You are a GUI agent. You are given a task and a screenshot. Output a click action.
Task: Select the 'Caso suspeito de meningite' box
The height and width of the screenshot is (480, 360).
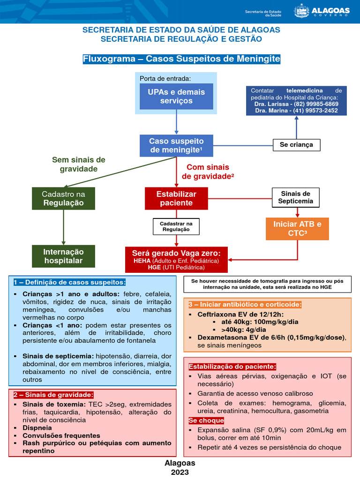176,146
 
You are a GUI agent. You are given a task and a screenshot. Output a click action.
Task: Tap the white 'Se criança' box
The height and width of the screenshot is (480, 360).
296,145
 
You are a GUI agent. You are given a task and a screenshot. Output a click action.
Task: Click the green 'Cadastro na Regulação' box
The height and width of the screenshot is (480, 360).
63,198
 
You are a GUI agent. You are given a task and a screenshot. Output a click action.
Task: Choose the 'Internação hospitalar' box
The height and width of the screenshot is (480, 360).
63,256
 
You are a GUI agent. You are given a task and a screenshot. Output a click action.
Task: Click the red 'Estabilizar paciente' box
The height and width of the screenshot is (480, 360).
176,198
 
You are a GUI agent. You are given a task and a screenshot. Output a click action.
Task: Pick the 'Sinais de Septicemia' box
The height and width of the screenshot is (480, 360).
296,198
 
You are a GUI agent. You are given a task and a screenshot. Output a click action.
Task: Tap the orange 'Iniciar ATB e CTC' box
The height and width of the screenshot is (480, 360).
297,229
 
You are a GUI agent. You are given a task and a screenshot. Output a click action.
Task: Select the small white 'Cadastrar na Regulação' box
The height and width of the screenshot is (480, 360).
176,226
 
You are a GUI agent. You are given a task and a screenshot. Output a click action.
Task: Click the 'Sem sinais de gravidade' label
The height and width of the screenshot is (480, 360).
78,165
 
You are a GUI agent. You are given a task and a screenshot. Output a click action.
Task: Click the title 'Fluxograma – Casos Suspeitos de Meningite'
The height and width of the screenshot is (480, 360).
181,59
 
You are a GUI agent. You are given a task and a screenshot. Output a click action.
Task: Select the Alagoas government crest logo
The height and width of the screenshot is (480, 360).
301,11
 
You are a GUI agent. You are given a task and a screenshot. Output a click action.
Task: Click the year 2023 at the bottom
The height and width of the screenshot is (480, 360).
180,472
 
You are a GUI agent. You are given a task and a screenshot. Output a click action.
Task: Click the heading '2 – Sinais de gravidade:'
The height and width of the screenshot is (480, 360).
53,395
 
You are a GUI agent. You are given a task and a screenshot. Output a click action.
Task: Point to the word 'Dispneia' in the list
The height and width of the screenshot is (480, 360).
37,428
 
